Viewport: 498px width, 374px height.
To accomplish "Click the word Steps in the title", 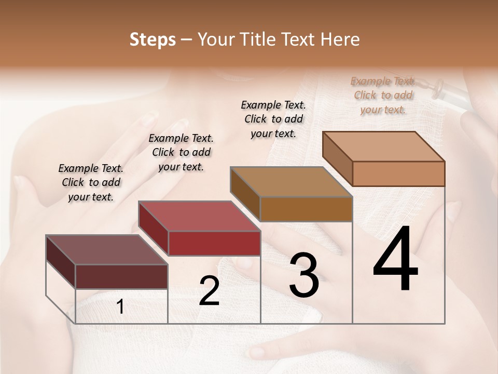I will [152, 39].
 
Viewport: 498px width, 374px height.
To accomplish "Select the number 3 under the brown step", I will [303, 276].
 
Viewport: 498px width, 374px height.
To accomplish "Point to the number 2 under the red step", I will [209, 291].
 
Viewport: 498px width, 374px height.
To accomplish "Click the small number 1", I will [120, 307].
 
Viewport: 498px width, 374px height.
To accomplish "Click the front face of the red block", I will [214, 243].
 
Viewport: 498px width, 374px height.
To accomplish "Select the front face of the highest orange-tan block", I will [398, 173].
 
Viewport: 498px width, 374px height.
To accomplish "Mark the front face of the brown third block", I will [306, 209].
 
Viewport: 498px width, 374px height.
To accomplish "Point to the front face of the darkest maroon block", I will [121, 276].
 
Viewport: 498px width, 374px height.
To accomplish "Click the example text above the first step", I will [91, 182].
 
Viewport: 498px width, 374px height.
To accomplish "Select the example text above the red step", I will [181, 152].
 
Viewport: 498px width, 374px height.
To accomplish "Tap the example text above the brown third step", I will [273, 119].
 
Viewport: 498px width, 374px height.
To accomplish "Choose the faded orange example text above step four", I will [383, 95].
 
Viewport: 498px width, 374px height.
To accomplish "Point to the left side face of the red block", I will [154, 228].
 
